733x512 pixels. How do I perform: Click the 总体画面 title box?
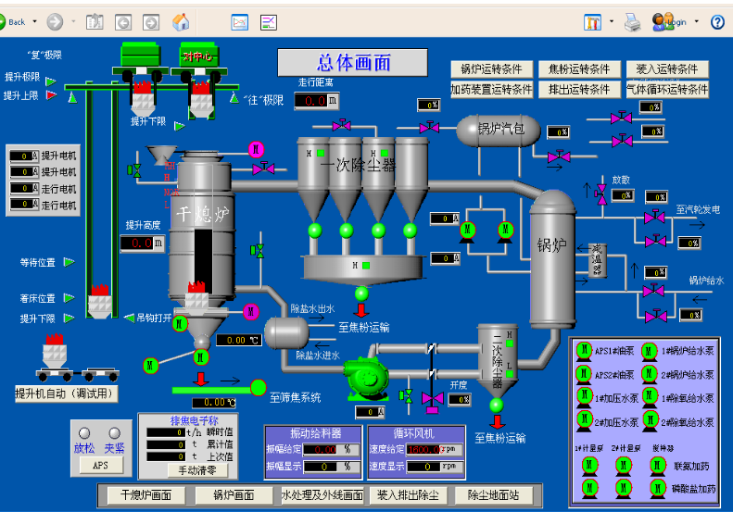point(353,63)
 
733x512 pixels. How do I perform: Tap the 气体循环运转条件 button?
point(667,90)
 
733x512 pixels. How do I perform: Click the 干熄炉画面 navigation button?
point(145,495)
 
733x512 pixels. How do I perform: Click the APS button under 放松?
point(100,466)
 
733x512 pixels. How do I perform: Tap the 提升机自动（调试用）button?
point(68,393)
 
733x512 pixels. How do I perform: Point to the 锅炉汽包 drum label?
point(501,129)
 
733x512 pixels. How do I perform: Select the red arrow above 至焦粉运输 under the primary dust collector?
point(361,310)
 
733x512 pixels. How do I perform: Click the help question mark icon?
point(717,22)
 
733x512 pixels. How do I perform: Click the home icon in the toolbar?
point(182,22)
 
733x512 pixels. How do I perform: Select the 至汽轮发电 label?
point(698,210)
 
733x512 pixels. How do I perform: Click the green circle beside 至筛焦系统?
point(258,387)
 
